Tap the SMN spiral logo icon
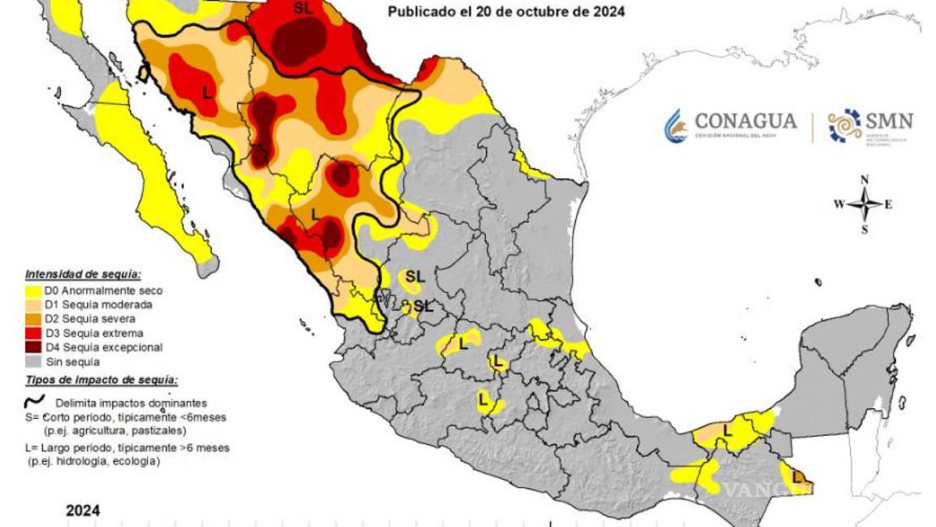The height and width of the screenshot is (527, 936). point(844,125)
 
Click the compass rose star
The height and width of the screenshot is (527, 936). point(864,204)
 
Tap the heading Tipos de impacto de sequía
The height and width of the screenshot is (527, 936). point(102,380)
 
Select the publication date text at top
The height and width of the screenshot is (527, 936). point(506,12)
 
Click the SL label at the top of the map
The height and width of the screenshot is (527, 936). point(302,7)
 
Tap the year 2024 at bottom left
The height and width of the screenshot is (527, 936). point(83,511)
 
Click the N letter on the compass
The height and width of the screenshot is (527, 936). point(864,180)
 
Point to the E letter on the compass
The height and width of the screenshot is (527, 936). point(888,204)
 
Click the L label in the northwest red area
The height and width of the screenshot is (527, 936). point(207,93)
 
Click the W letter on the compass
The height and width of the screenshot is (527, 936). point(838,204)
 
